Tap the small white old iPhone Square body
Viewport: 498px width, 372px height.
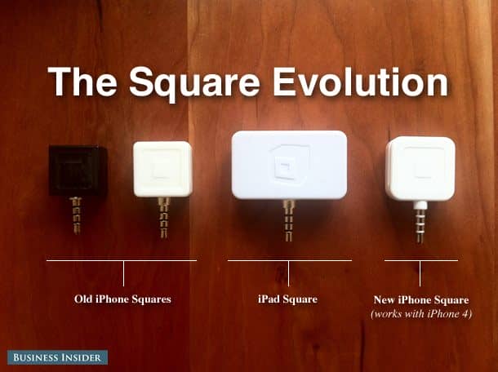tap(162, 169)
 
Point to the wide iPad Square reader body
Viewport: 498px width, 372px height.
tap(289, 165)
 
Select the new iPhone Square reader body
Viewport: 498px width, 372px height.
tap(420, 169)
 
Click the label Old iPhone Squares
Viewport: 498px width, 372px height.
tap(122, 299)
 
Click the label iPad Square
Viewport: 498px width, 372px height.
tap(288, 299)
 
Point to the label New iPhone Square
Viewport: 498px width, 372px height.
tap(420, 299)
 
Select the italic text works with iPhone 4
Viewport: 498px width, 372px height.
tap(421, 314)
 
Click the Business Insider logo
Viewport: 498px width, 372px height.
tap(58, 357)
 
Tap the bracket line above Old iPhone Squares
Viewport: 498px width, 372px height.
tap(122, 261)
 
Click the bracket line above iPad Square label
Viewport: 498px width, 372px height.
tap(289, 261)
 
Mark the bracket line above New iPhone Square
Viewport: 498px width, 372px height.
tap(420, 261)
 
